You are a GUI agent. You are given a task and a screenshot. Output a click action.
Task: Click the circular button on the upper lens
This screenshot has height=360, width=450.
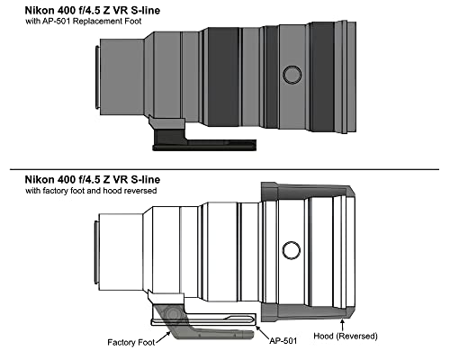coord(292,75)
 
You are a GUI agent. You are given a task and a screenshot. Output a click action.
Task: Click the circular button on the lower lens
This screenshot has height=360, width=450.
coord(292,250)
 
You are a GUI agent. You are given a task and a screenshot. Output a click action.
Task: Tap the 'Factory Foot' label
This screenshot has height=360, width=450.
coord(131,342)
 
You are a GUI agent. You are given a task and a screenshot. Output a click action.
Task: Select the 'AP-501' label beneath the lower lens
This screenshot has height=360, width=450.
coord(283,341)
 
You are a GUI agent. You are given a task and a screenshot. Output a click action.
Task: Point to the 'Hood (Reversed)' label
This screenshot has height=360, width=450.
coord(346,336)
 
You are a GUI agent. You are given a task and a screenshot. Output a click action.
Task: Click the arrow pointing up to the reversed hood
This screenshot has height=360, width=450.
coord(342,324)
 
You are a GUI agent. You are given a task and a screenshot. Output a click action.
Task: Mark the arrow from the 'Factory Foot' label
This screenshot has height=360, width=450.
coord(164,337)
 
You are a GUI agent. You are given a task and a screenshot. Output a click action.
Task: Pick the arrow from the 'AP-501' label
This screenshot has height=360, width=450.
coord(262,332)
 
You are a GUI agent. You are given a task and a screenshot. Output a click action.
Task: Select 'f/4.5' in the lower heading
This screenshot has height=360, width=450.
coord(90,179)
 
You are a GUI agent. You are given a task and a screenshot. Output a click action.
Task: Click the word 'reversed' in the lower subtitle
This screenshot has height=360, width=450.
coord(139,191)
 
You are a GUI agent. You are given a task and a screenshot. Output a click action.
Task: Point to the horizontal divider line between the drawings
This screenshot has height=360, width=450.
coord(224,169)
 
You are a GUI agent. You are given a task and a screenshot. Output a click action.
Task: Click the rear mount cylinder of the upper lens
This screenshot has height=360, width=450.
coord(121,76)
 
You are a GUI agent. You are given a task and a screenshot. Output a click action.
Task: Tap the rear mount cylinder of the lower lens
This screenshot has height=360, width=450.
coord(121,252)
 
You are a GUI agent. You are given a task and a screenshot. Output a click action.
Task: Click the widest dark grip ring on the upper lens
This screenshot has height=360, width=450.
coord(223,76)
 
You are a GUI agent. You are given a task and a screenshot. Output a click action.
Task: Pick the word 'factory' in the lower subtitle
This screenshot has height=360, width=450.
coord(55,191)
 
